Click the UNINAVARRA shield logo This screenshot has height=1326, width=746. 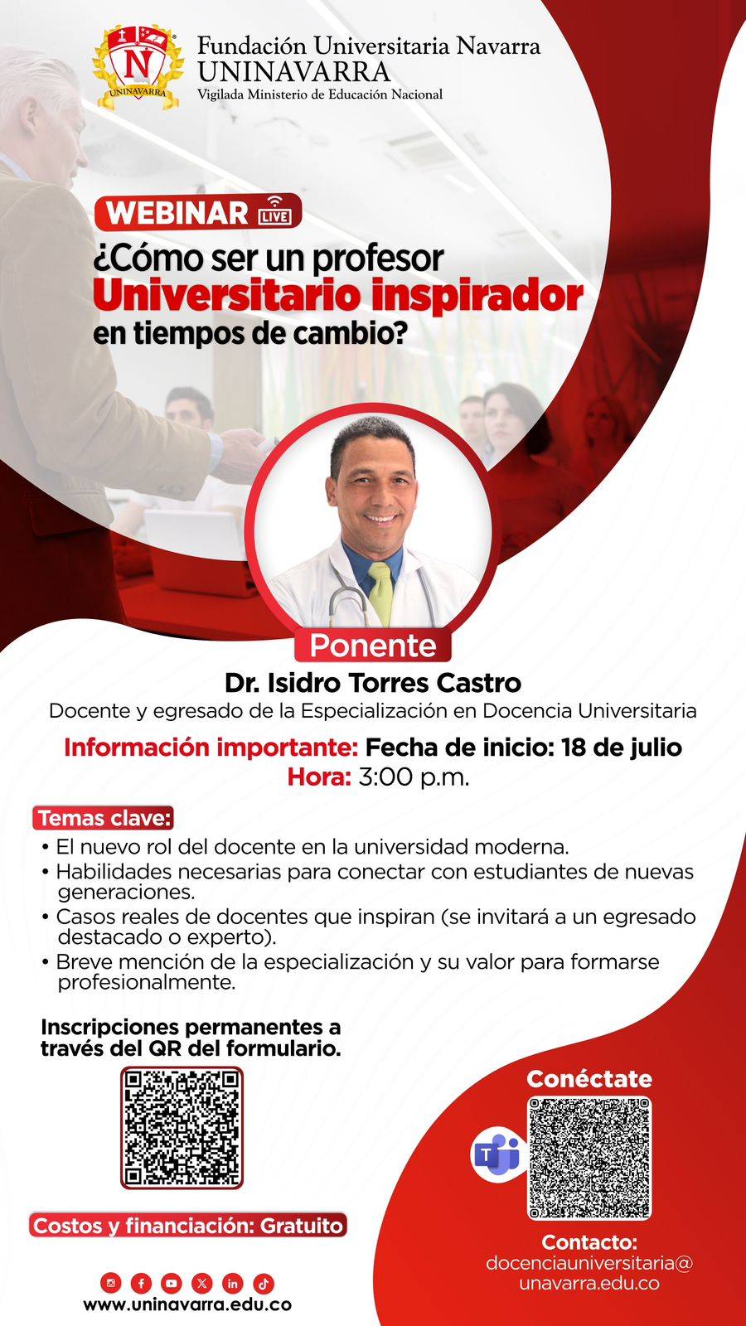pyautogui.click(x=138, y=67)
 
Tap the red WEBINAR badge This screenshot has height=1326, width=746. pyautogui.click(x=198, y=212)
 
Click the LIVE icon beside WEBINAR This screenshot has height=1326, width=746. pyautogui.click(x=275, y=212)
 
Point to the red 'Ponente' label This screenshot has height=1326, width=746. pyautogui.click(x=373, y=646)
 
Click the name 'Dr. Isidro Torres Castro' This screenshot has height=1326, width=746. pyautogui.click(x=373, y=683)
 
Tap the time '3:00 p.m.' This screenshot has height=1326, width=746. pyautogui.click(x=414, y=777)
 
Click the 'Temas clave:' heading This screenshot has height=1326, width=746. pyautogui.click(x=104, y=818)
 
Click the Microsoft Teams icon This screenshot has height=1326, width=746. pyautogui.click(x=497, y=1154)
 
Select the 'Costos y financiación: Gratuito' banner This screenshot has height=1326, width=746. pyautogui.click(x=187, y=1226)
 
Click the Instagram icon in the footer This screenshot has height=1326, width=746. pyautogui.click(x=111, y=1284)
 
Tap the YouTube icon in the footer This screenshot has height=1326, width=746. pyautogui.click(x=172, y=1284)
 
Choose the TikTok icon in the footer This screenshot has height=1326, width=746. pyautogui.click(x=264, y=1284)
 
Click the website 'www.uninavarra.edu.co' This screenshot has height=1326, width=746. pyautogui.click(x=187, y=1305)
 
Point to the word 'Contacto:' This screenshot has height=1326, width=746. pyautogui.click(x=589, y=1241)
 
